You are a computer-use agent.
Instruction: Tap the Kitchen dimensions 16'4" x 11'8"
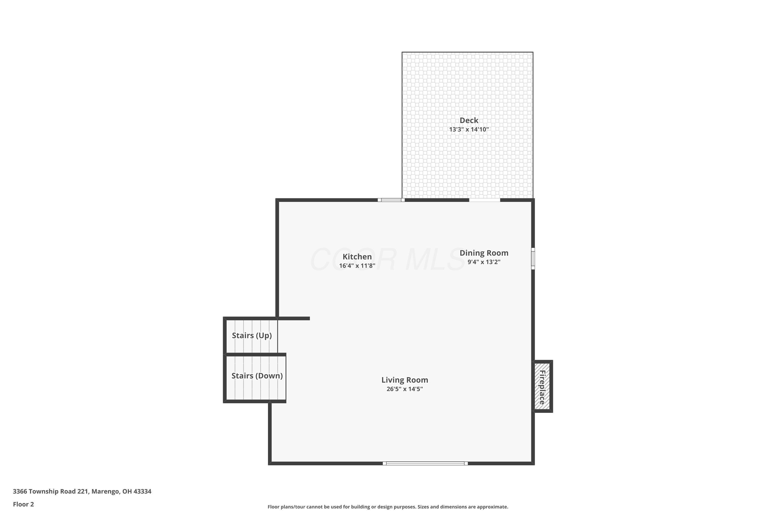(357, 266)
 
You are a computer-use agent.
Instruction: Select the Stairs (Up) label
(252, 335)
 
